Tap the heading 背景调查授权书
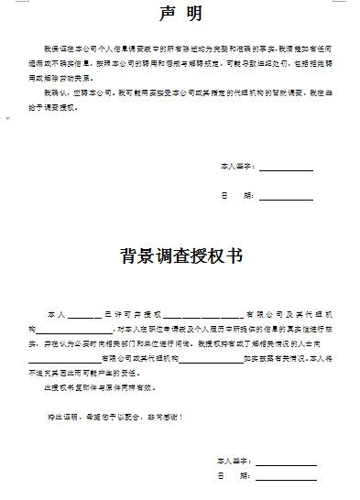[180, 255]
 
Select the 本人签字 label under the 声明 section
[235, 168]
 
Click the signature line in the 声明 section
[286, 169]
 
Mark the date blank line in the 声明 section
[286, 198]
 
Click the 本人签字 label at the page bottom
[235, 460]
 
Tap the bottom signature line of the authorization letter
[286, 462]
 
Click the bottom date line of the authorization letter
[286, 479]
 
